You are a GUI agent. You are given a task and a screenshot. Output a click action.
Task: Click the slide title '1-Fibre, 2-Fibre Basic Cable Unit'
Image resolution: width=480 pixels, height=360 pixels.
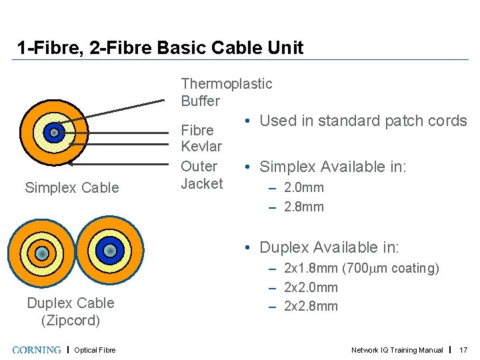point(160,48)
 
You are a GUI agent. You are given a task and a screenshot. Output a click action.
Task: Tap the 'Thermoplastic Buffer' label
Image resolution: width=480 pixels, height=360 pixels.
point(226,92)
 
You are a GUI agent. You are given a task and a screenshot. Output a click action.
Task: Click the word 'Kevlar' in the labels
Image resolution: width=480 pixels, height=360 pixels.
point(201,146)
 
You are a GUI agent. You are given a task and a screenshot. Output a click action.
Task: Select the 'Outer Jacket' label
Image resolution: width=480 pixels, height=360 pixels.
point(201,175)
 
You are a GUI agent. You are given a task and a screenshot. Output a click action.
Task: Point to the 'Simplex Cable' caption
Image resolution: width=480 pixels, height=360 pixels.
point(71,188)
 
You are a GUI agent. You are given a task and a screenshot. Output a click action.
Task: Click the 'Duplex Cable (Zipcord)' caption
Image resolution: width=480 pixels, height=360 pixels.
point(71,311)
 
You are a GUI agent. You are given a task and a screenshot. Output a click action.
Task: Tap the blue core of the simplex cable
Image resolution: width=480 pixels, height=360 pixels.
point(54,132)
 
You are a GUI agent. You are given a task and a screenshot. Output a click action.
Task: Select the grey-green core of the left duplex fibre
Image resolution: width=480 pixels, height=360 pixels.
point(41,253)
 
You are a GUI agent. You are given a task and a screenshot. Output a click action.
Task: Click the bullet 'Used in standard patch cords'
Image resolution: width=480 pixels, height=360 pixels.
point(363,121)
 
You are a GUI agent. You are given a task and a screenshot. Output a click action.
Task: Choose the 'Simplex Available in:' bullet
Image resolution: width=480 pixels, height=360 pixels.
point(332,167)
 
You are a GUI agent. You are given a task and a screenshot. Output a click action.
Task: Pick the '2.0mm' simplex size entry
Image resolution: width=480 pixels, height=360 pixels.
point(303,187)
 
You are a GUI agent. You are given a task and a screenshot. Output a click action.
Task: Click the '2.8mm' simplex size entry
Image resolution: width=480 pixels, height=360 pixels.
point(303,207)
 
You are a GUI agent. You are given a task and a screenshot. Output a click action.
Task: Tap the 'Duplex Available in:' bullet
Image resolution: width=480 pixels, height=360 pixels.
point(329,247)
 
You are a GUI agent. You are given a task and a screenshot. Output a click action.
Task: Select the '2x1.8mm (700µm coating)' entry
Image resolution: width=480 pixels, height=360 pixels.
point(361,269)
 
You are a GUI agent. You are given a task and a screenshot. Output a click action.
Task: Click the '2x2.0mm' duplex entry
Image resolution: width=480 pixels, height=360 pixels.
point(311,287)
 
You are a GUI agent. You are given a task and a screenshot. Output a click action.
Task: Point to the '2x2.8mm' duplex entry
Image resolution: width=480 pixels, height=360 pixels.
point(311,307)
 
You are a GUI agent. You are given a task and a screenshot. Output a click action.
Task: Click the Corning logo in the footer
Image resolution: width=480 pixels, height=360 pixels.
point(37,350)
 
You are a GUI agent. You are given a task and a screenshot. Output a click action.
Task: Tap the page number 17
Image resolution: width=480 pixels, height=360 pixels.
point(464,350)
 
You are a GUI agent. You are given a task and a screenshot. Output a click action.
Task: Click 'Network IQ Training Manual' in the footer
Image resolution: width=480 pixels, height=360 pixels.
point(397,350)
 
